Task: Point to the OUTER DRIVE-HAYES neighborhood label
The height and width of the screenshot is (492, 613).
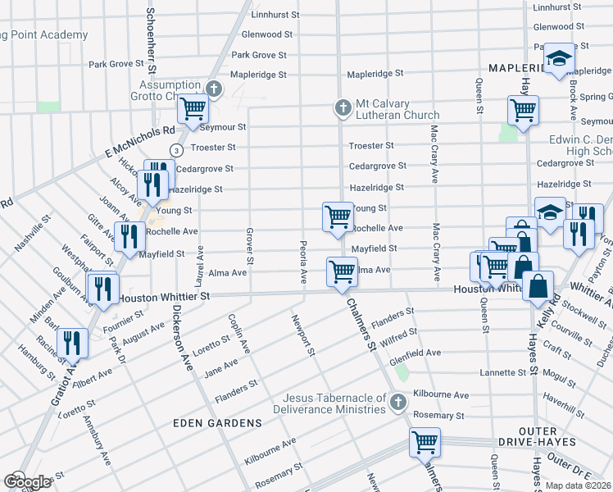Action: (x=533, y=436)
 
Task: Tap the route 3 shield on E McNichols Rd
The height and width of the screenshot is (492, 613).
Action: (x=175, y=149)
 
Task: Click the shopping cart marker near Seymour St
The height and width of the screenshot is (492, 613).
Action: (x=193, y=108)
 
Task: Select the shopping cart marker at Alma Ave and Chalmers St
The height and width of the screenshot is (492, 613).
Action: (x=342, y=271)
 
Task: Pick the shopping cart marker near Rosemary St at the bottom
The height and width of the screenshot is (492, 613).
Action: (x=425, y=442)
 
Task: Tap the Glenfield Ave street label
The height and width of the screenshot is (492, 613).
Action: (x=415, y=353)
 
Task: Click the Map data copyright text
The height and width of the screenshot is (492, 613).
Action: (x=575, y=485)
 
